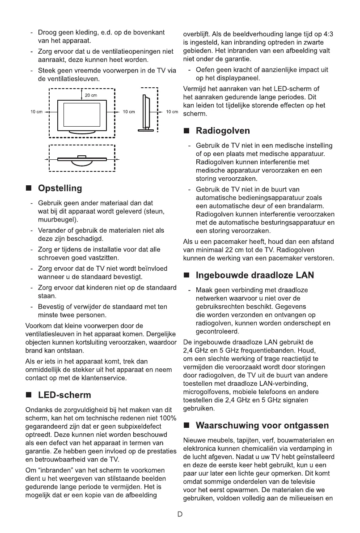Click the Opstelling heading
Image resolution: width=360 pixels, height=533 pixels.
point(60,188)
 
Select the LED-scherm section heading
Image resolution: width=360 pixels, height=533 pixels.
point(64,395)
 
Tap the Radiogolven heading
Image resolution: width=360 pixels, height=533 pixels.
point(223,131)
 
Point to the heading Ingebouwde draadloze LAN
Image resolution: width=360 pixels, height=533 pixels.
point(254,276)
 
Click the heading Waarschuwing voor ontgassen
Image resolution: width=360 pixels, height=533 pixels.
point(263,425)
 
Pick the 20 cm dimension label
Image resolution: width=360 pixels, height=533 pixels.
point(91,95)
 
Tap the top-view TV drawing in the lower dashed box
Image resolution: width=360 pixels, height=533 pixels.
point(81,160)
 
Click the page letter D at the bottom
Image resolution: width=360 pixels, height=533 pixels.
point(180,514)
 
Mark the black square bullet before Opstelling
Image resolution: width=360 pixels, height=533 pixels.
point(29,189)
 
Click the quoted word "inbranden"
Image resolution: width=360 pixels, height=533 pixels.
point(56,470)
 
